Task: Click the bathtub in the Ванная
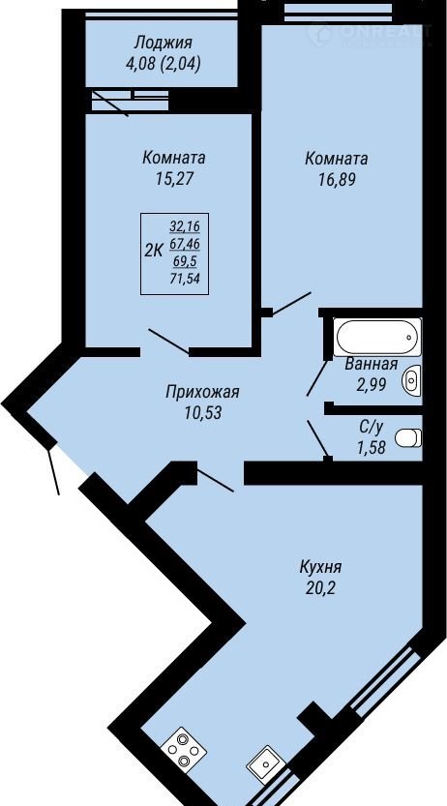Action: (x=377, y=337)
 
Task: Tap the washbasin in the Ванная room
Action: (x=412, y=380)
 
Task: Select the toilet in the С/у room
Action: (x=408, y=438)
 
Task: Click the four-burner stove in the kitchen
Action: (x=184, y=747)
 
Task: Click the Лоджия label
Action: (x=163, y=42)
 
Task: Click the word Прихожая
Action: (x=202, y=393)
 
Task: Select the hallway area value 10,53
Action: (x=203, y=413)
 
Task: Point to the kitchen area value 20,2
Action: (x=321, y=587)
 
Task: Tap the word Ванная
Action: (x=371, y=365)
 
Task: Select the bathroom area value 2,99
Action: (x=372, y=384)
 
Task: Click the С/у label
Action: (x=371, y=428)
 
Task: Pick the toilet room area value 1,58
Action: (x=371, y=448)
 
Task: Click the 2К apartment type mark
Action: (x=154, y=251)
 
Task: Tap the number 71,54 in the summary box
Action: (x=185, y=279)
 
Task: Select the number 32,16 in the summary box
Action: (x=185, y=225)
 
